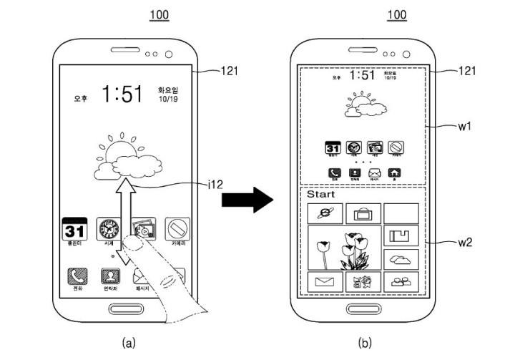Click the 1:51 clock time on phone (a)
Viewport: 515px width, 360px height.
[x=122, y=94]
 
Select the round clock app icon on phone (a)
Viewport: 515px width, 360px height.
[x=110, y=229]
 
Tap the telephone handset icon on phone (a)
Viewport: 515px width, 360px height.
[x=76, y=276]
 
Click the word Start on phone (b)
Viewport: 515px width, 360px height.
[x=320, y=194]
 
